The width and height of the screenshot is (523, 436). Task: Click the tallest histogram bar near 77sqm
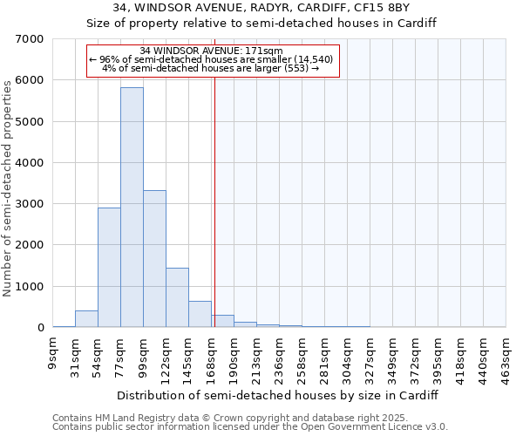pyautogui.click(x=132, y=208)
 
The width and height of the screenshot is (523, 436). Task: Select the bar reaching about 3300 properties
pyautogui.click(x=154, y=259)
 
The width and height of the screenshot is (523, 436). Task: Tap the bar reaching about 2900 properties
pyautogui.click(x=109, y=268)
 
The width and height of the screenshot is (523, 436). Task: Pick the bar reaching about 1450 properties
pyautogui.click(x=177, y=297)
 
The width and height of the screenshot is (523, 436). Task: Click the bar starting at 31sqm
pyautogui.click(x=86, y=319)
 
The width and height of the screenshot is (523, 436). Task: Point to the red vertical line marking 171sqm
pyautogui.click(x=214, y=218)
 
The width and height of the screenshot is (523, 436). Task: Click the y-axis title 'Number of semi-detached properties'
pyautogui.click(x=9, y=187)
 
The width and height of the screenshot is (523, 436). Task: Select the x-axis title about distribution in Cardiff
pyautogui.click(x=277, y=395)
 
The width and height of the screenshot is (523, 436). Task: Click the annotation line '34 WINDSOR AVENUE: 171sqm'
pyautogui.click(x=211, y=51)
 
